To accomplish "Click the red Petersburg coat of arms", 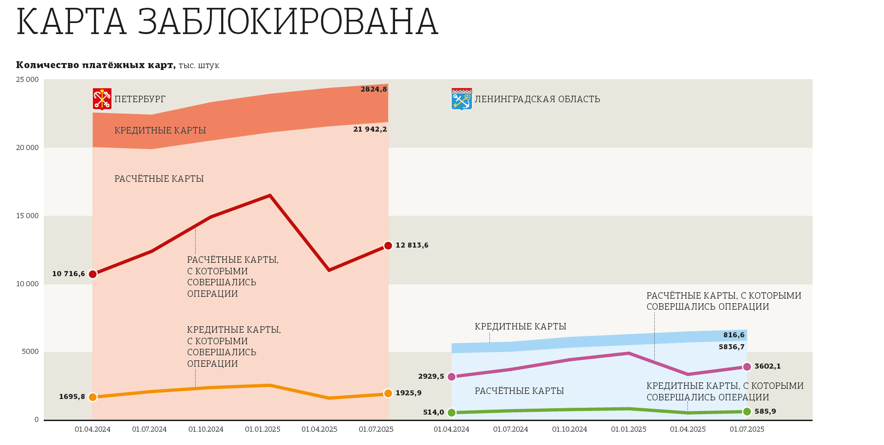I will pos(102,99).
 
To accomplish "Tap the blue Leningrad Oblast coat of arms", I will pos(461,99).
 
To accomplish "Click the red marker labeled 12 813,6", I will pos(388,246).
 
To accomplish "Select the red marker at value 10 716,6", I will pos(93,274).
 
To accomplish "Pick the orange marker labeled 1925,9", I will pos(388,393).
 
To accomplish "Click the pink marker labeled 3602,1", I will pos(747,367).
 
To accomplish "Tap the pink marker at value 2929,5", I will pos(452,377).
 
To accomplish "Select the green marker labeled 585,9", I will pos(747,411).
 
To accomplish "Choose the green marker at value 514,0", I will pos(452,413).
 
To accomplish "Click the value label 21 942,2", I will pos(370,130).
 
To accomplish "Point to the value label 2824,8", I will pos(373,90).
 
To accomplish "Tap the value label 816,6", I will pos(733,335).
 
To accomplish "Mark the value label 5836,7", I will pos(731,347).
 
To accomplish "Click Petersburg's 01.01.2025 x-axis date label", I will pos(262,430).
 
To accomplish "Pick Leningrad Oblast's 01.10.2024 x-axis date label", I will pos(570,430).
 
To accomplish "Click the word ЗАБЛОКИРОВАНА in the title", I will pos(287,22).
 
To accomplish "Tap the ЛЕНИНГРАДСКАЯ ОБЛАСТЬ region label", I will pos(537,99).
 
